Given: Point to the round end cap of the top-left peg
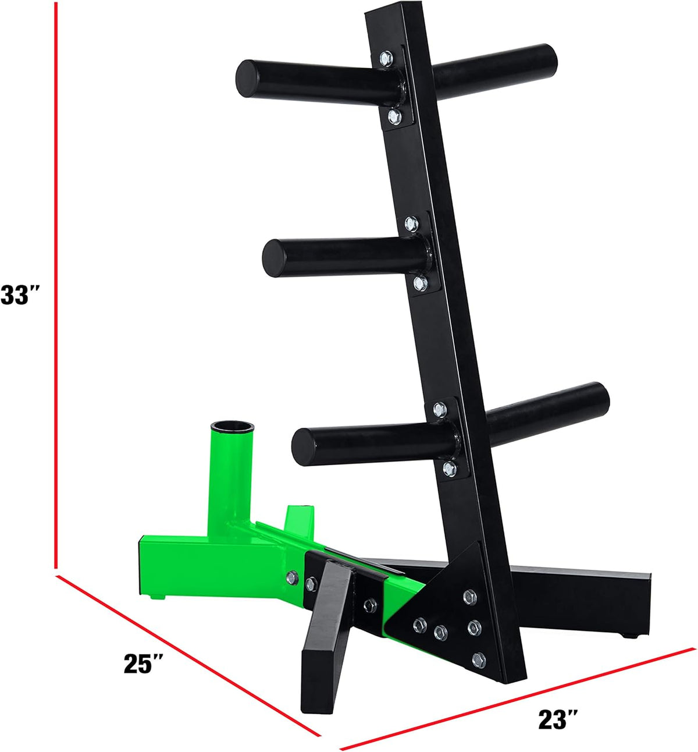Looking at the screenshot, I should (x=246, y=78).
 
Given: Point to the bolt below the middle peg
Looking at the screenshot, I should (x=420, y=283).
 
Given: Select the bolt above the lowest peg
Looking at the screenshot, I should (x=440, y=409).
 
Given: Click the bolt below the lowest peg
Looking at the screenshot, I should (x=448, y=467).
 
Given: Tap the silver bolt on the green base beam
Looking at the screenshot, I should (x=292, y=578).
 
